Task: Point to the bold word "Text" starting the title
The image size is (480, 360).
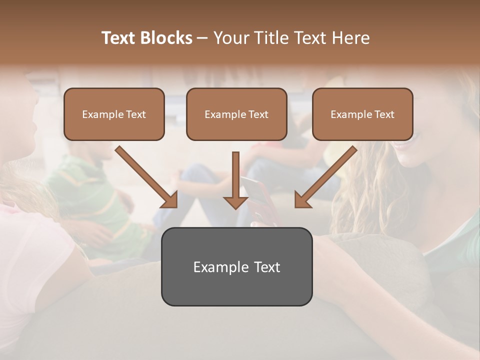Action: coord(119,38)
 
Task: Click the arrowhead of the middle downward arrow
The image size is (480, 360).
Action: coord(235,202)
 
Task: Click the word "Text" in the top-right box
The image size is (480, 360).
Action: coord(384,114)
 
